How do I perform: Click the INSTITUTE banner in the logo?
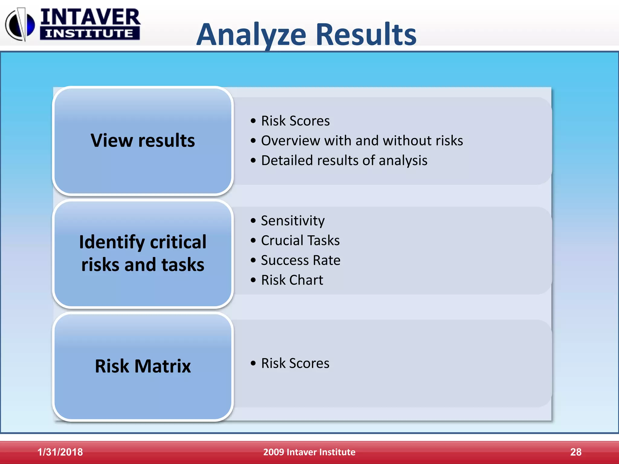pyautogui.click(x=89, y=33)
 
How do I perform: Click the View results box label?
pyautogui.click(x=143, y=140)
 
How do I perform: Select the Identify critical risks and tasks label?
pyautogui.click(x=143, y=253)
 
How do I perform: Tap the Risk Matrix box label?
pyautogui.click(x=143, y=366)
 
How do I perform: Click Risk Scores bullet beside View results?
pyautogui.click(x=295, y=121)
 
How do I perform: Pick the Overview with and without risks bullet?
pyautogui.click(x=362, y=141)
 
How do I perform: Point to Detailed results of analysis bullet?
pyautogui.click(x=344, y=160)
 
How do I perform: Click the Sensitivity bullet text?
pyautogui.click(x=293, y=221)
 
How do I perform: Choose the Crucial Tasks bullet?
pyautogui.click(x=300, y=240)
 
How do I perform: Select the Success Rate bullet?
pyautogui.click(x=300, y=260)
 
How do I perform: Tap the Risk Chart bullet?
pyautogui.click(x=292, y=280)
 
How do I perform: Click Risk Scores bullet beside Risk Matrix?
pyautogui.click(x=295, y=363)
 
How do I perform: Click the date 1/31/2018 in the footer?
pyautogui.click(x=60, y=452)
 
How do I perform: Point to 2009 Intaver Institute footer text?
pyautogui.click(x=309, y=452)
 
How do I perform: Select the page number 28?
pyautogui.click(x=575, y=452)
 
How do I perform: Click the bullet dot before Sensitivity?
pyautogui.click(x=253, y=221)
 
